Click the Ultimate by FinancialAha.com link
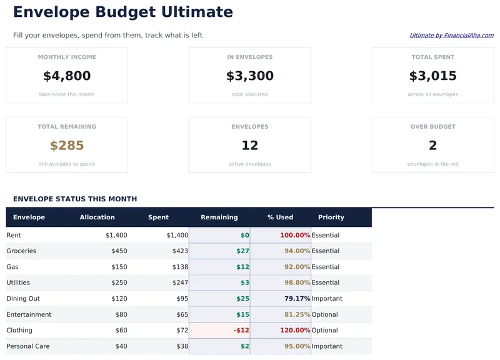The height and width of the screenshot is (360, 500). click(x=451, y=36)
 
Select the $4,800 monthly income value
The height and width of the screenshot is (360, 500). click(x=67, y=76)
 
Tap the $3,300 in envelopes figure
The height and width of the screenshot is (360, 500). click(x=250, y=76)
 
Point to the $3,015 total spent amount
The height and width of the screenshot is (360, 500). click(x=432, y=76)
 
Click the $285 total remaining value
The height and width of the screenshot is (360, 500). click(x=67, y=146)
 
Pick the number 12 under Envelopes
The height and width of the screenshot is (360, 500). click(x=250, y=146)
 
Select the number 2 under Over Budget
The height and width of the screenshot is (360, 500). click(x=432, y=146)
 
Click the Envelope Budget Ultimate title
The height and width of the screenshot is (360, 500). click(x=122, y=12)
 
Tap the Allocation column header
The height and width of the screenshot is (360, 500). click(x=97, y=217)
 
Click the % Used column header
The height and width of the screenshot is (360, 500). click(x=280, y=217)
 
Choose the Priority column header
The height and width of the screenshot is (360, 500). click(x=331, y=217)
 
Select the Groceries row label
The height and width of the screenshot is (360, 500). click(x=21, y=251)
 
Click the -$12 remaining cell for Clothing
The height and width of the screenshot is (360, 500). click(x=241, y=331)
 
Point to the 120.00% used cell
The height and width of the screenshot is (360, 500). click(x=295, y=331)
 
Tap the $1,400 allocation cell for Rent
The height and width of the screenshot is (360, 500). click(x=116, y=236)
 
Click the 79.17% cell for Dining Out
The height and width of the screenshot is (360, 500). click(x=297, y=299)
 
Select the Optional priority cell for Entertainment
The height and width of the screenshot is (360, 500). click(x=324, y=315)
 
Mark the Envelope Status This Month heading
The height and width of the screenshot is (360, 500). click(x=74, y=199)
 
